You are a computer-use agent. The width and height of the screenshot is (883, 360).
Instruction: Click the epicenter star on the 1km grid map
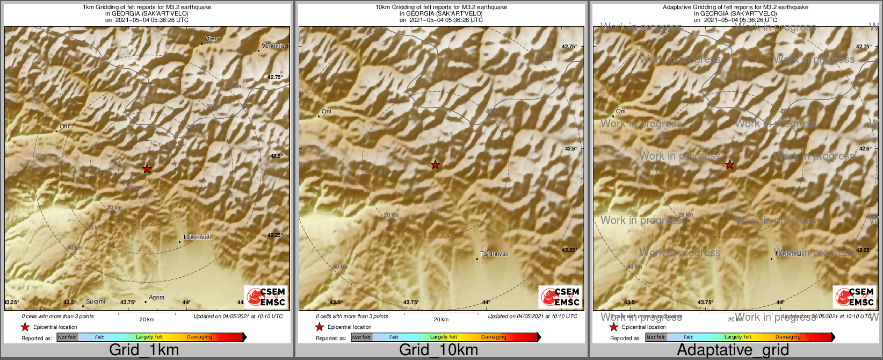(x=147, y=169)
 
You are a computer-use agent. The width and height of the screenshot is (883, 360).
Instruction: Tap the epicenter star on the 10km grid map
(x=435, y=164)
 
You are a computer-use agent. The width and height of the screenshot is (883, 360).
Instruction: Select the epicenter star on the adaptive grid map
(x=729, y=164)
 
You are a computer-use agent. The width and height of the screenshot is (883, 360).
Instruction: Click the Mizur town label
(x=212, y=39)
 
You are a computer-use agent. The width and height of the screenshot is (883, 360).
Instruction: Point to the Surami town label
(x=96, y=302)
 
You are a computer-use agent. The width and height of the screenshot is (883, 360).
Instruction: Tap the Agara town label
(x=156, y=298)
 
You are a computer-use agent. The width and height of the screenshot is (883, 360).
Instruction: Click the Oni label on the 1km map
(x=64, y=127)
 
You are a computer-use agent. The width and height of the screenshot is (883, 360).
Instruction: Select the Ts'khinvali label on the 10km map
(x=494, y=254)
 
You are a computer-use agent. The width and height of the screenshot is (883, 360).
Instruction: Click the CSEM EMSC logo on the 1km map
(x=266, y=297)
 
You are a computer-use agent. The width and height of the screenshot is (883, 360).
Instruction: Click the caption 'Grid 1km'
(x=144, y=350)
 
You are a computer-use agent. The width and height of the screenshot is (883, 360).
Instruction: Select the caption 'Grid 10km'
(x=438, y=350)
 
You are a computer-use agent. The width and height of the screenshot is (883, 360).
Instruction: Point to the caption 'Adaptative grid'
(x=733, y=350)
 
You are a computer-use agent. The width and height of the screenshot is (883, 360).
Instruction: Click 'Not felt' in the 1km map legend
(x=67, y=337)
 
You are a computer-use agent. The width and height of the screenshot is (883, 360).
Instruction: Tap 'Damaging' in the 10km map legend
(x=494, y=337)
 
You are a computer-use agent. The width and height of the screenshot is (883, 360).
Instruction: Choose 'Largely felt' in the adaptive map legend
(x=738, y=337)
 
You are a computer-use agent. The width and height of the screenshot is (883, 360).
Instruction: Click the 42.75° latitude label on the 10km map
(x=569, y=47)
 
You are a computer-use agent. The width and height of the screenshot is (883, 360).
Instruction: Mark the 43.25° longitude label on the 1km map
(x=12, y=303)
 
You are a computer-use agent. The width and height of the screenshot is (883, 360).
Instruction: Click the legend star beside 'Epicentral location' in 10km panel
(x=319, y=327)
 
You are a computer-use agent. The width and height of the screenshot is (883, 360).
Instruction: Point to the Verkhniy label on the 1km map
(x=274, y=46)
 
